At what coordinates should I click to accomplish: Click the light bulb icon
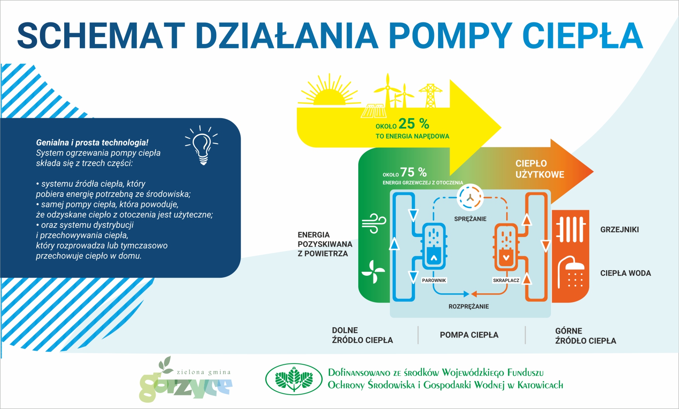[202, 145]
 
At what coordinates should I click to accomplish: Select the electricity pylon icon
[430, 95]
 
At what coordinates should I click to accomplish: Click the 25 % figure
[414, 124]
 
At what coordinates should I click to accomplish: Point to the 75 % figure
[413, 172]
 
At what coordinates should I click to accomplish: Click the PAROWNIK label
[434, 281]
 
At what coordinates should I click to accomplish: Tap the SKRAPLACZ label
[506, 281]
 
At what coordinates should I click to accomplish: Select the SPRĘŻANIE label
[470, 219]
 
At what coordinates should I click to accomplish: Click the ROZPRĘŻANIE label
[469, 306]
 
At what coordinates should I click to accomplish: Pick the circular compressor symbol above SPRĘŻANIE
[470, 198]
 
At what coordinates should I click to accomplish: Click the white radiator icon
[571, 229]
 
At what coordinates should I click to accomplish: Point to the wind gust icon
[374, 223]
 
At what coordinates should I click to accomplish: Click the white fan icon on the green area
[373, 272]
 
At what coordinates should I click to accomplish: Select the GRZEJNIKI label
[619, 229]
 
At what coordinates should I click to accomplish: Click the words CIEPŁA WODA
[626, 273]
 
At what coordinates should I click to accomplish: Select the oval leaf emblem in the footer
[294, 379]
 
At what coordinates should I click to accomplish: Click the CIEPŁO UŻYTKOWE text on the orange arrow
[539, 169]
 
